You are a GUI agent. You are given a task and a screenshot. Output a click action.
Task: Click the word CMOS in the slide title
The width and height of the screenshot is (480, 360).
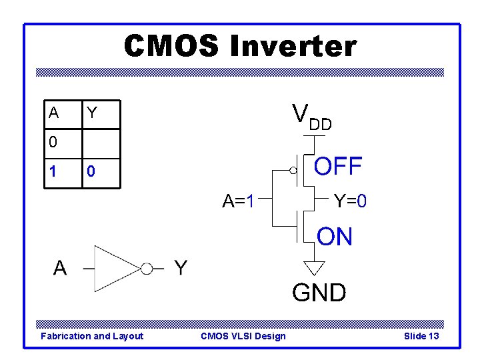pos(171,47)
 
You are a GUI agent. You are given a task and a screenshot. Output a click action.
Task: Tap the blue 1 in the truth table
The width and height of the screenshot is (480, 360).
pos(53,172)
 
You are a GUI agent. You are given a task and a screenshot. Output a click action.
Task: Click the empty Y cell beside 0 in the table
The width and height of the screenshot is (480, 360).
pos(100,142)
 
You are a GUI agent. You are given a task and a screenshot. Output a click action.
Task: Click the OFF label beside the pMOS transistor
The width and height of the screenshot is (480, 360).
pos(338,166)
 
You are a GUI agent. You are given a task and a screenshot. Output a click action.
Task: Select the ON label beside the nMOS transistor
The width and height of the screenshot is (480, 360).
pos(335,237)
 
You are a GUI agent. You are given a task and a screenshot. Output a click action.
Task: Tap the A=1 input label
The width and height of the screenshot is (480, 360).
pos(239,200)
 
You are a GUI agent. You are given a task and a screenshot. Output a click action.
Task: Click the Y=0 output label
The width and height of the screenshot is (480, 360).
pos(350,200)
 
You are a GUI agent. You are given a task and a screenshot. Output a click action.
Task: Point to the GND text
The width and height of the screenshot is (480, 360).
pos(319,292)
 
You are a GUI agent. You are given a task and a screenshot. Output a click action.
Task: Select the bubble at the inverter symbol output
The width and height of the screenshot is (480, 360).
pos(146,269)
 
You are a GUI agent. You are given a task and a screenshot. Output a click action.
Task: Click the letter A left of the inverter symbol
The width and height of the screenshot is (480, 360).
pos(60,268)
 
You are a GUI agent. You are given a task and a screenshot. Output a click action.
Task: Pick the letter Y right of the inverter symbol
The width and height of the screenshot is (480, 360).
pos(181,268)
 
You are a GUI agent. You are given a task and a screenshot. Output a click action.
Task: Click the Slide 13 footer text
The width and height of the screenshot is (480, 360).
pos(421,336)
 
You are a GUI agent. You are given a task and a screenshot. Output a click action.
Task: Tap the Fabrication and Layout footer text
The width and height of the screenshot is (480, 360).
pos(92,336)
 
